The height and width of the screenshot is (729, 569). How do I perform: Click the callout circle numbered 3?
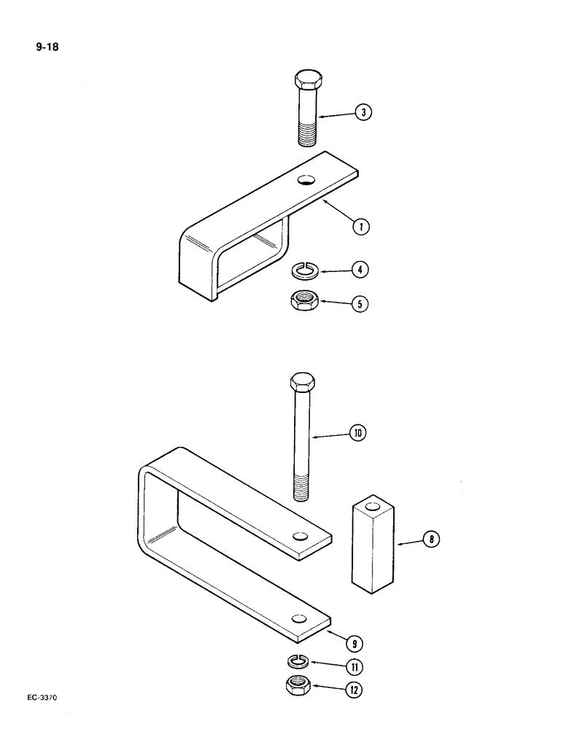click(361, 112)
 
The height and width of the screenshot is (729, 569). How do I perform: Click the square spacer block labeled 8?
click(371, 543)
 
